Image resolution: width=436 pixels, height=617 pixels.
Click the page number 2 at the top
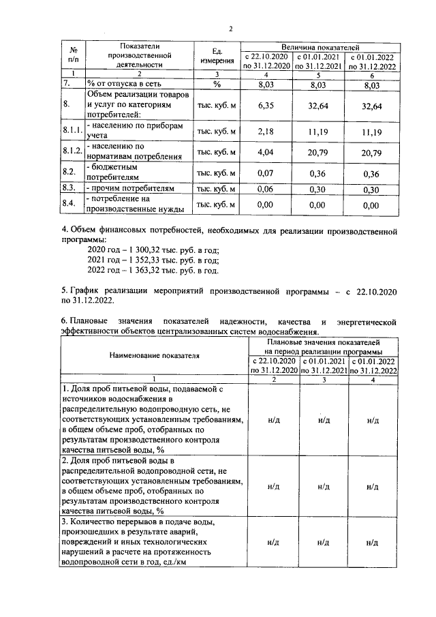pyautogui.click(x=231, y=28)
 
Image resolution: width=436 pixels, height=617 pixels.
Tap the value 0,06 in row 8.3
pyautogui.click(x=266, y=189)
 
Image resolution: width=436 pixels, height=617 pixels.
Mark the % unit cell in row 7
pyautogui.click(x=216, y=85)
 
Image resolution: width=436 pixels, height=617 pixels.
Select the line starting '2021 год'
pyautogui.click(x=153, y=260)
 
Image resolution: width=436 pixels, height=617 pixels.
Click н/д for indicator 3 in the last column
pyautogui.click(x=372, y=543)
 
